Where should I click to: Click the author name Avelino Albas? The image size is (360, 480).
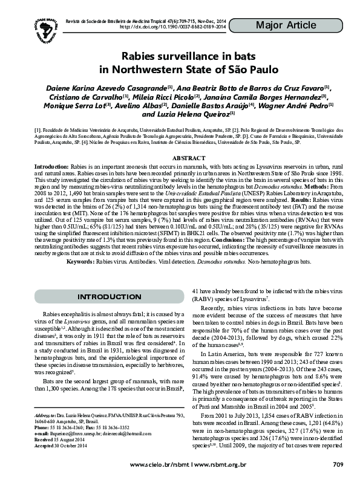[x=144, y=105]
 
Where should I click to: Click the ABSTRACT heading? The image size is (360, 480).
[x=180, y=158]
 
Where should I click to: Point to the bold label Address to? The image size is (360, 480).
[x=45, y=417]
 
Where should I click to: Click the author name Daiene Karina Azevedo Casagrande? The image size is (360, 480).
[x=101, y=88]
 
